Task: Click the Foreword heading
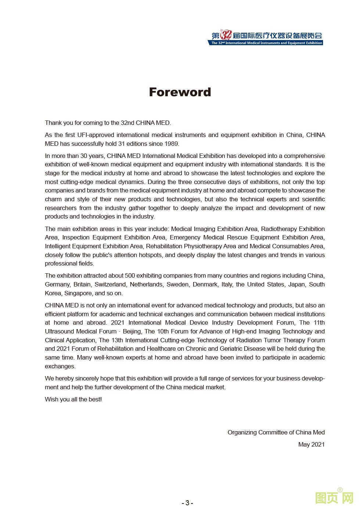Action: pyautogui.click(x=180, y=92)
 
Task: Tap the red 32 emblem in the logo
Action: pyautogui.click(x=226, y=35)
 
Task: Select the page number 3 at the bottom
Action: pyautogui.click(x=187, y=503)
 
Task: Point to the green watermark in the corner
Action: pyautogui.click(x=334, y=498)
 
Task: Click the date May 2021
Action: pyautogui.click(x=312, y=444)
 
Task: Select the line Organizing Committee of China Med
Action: pyautogui.click(x=276, y=432)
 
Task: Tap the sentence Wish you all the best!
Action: pyautogui.click(x=73, y=399)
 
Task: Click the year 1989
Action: pyautogui.click(x=172, y=144)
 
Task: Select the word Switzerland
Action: pyautogui.click(x=110, y=284)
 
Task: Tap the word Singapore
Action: pyautogui.click(x=78, y=293)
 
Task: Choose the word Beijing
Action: pyautogui.click(x=132, y=331)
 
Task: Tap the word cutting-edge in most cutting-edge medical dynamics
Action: pyautogui.click(x=76, y=182)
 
